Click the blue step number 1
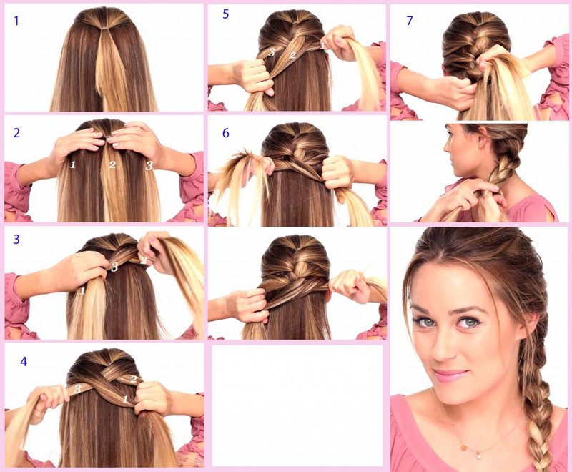point(16,21)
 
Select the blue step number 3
point(17,240)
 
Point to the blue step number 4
point(24,361)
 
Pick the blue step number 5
point(225,14)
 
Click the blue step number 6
point(226,132)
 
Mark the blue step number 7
point(409,21)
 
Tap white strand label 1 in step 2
point(71,165)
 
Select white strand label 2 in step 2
point(112,165)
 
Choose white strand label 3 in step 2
point(149,165)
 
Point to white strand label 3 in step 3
point(114,267)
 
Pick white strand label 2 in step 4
point(133,379)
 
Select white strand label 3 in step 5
point(272,51)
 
